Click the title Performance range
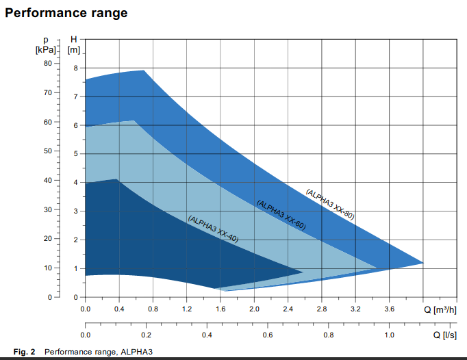coord(66,13)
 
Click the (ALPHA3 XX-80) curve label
coord(330,203)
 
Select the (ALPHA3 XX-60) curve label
coord(281,214)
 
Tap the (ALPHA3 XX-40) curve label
coord(213,229)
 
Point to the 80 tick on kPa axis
coord(47,63)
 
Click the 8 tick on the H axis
coord(75,68)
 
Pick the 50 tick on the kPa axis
coord(47,151)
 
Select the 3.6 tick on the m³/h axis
coord(389,309)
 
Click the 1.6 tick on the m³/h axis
coord(220,309)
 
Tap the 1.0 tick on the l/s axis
coord(389,335)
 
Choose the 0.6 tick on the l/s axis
coord(268,335)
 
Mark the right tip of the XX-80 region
coord(423,263)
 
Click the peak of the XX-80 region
coord(143,70)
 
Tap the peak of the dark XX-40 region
coord(118,179)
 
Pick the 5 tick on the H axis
coord(75,154)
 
